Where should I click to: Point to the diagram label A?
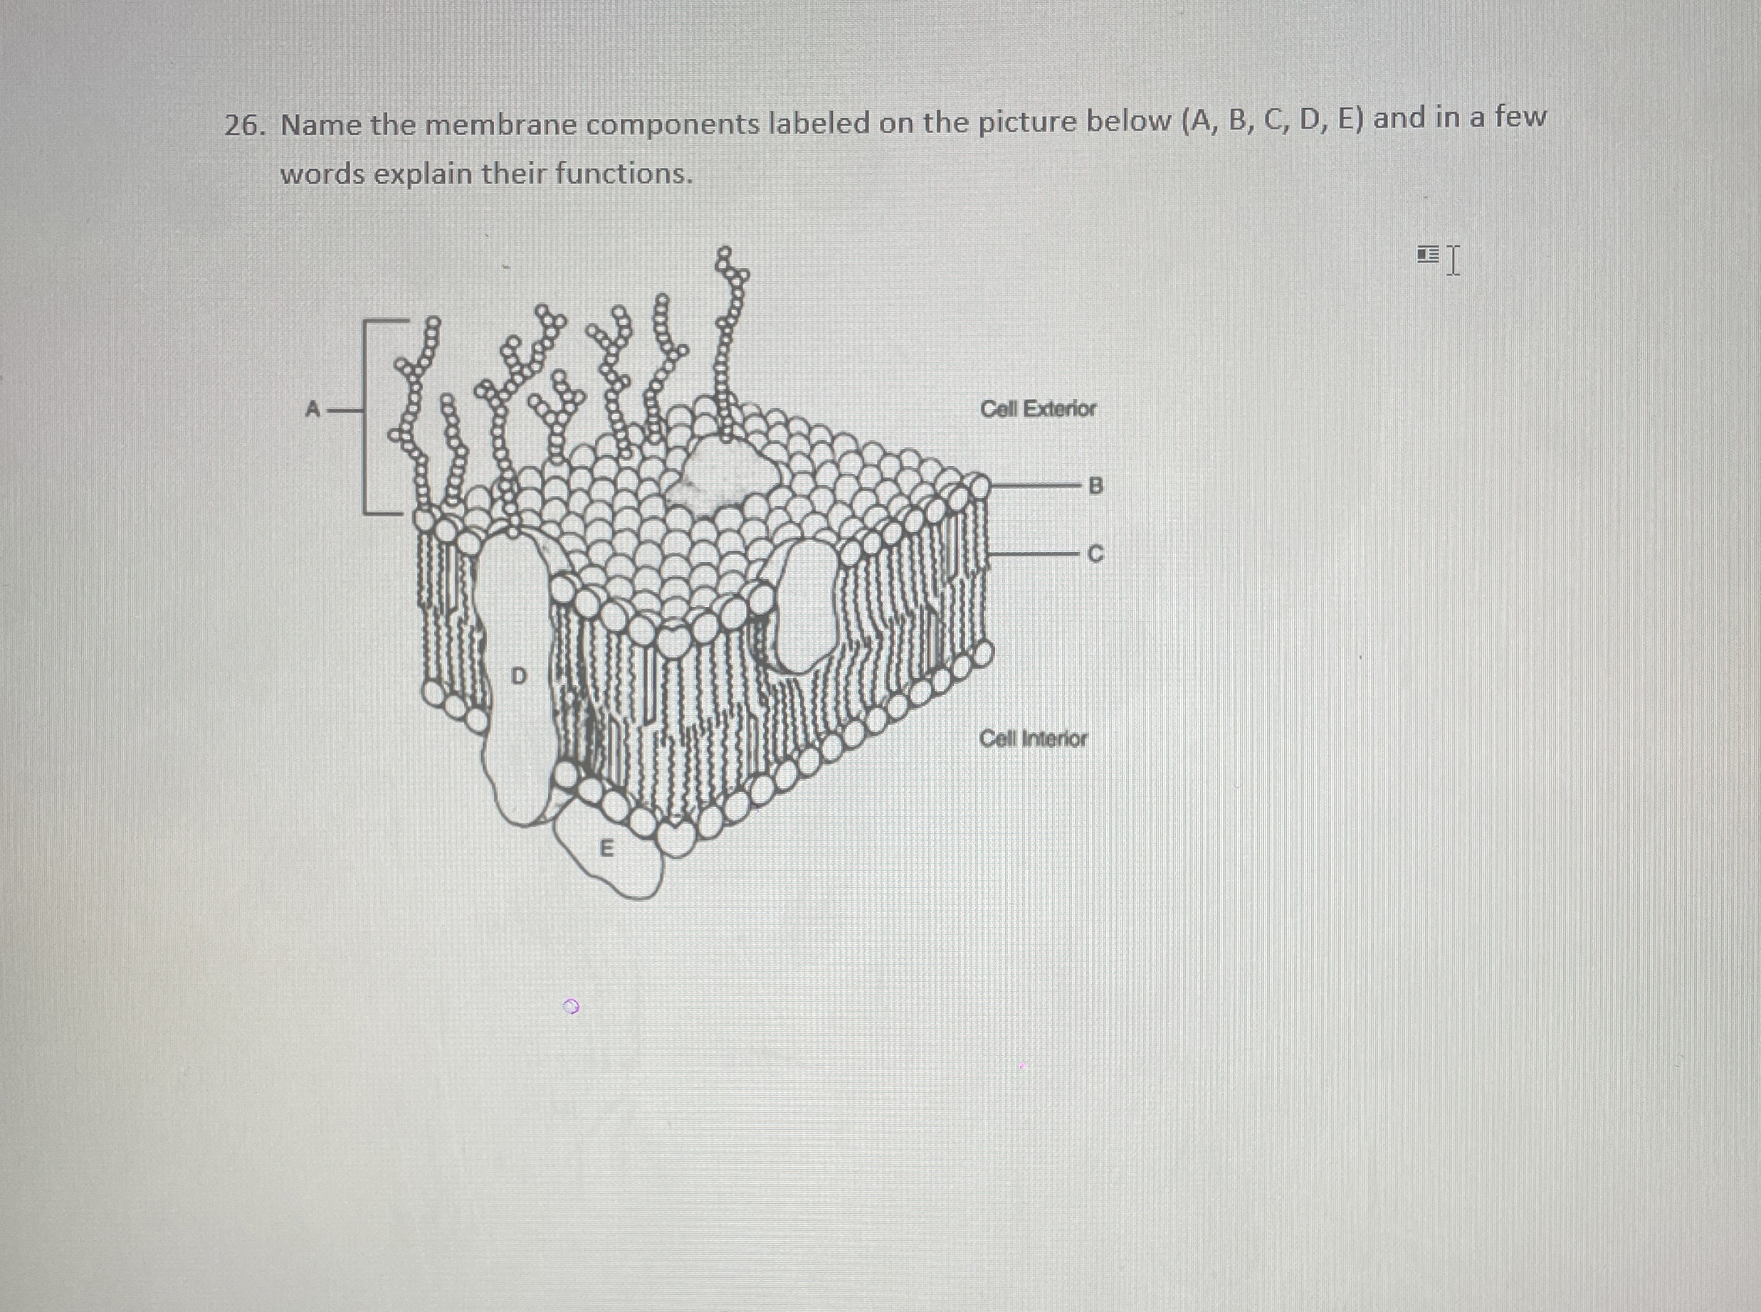(x=313, y=411)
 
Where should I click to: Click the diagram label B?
(x=1095, y=485)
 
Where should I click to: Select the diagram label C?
(x=1095, y=554)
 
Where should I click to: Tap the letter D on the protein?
(x=518, y=676)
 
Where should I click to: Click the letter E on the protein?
(x=606, y=850)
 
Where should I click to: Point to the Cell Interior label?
(x=1033, y=739)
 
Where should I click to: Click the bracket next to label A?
(x=367, y=417)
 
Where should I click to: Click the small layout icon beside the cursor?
(x=1427, y=254)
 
